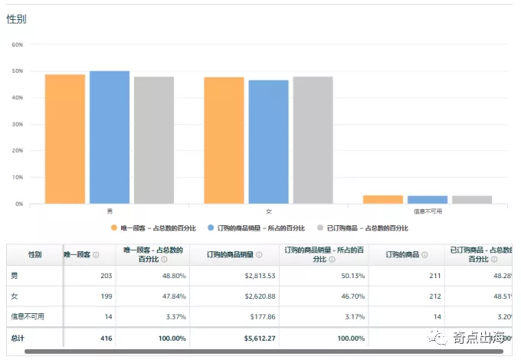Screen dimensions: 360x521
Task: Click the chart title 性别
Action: click(x=16, y=19)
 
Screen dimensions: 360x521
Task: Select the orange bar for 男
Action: click(x=64, y=139)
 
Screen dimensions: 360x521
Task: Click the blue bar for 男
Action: click(x=109, y=137)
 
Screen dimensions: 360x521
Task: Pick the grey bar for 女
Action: click(x=313, y=140)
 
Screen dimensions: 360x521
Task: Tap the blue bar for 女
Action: click(x=268, y=142)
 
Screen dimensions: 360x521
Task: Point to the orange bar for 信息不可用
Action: click(x=382, y=199)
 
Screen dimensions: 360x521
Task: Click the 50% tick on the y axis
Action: click(x=17, y=71)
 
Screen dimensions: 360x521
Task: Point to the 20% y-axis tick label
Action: click(x=17, y=151)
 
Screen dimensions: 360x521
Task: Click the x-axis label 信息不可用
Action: click(x=427, y=211)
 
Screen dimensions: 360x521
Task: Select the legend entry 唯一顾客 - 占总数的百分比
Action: click(x=153, y=228)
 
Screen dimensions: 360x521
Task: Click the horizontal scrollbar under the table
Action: click(x=260, y=352)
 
